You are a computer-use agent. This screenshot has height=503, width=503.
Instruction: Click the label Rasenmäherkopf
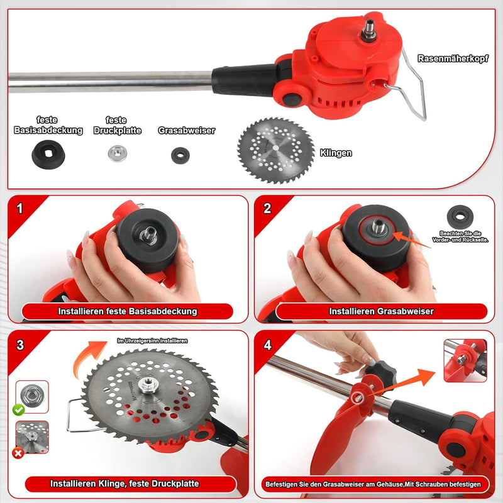(453, 58)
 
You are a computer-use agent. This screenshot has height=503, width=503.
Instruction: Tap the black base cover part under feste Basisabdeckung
(48, 154)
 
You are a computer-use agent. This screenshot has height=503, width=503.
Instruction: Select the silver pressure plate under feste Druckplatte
(118, 153)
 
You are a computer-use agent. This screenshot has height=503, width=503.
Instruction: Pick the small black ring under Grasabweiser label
(180, 155)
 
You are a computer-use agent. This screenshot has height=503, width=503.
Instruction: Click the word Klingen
(336, 153)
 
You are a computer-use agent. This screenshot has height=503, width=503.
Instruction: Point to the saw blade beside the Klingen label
(275, 150)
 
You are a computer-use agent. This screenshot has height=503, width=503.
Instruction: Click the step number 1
(20, 209)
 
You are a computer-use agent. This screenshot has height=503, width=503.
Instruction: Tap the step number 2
(267, 209)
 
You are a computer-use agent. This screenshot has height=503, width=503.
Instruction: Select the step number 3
(20, 345)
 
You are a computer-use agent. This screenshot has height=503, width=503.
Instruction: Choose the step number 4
(268, 345)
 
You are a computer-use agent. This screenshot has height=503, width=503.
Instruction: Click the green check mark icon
(19, 410)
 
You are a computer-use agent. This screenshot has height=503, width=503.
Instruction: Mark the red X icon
(18, 453)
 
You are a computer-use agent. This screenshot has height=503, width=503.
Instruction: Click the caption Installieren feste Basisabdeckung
(128, 311)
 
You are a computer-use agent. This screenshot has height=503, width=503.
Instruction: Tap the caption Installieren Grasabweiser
(381, 311)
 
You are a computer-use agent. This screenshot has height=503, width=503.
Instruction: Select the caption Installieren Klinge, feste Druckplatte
(124, 484)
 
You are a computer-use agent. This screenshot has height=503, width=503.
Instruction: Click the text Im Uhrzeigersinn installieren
(152, 341)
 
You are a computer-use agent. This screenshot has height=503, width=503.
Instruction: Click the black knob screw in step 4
(381, 372)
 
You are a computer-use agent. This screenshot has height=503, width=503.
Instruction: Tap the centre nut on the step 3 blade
(148, 384)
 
